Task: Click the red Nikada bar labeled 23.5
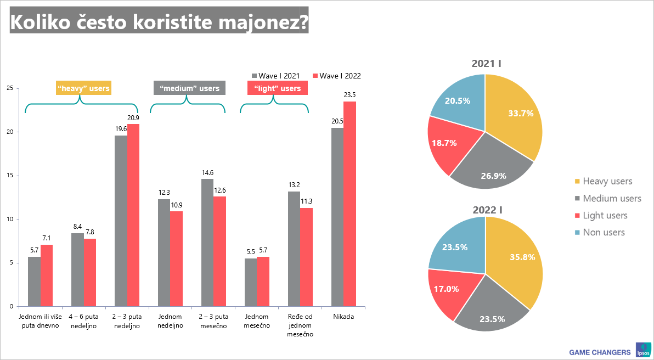[x=350, y=204]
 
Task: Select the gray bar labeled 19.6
[x=121, y=221]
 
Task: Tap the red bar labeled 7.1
[x=47, y=275]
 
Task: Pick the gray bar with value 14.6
[x=207, y=243]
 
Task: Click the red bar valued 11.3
[x=307, y=257]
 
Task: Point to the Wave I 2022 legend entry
[x=336, y=76]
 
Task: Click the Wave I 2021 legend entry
[x=275, y=76]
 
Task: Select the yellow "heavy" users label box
[x=84, y=88]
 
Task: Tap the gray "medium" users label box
[x=189, y=88]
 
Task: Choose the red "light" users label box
[x=278, y=88]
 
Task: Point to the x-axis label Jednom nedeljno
[x=171, y=321]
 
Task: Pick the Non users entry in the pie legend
[x=599, y=232]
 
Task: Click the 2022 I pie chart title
[x=487, y=210]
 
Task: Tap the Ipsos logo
[x=642, y=350]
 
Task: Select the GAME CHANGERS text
[x=600, y=352]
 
